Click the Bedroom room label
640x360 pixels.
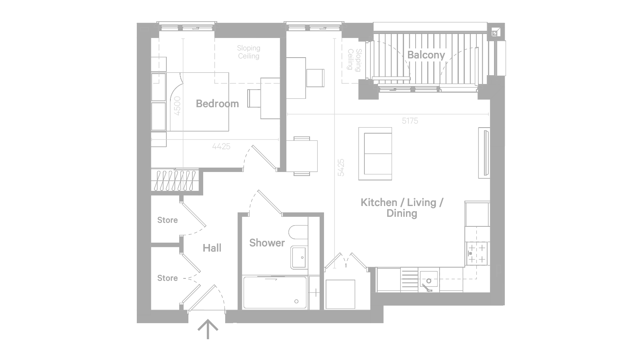click(x=218, y=104)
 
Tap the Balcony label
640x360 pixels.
click(x=426, y=55)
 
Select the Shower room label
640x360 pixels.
click(x=267, y=243)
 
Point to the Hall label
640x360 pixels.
click(x=212, y=248)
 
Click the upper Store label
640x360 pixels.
click(x=168, y=220)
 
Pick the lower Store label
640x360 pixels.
click(x=168, y=278)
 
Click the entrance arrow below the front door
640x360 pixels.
click(x=208, y=329)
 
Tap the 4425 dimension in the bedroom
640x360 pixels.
click(x=221, y=146)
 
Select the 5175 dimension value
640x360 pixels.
click(x=410, y=121)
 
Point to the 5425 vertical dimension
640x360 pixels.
click(x=341, y=168)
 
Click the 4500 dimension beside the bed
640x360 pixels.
click(x=178, y=106)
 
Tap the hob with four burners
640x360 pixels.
click(x=477, y=254)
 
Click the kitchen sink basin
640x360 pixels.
click(x=428, y=279)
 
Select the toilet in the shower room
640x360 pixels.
click(x=298, y=232)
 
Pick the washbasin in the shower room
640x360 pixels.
click(x=299, y=258)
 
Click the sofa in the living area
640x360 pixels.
click(x=375, y=154)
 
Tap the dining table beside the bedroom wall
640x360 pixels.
click(x=302, y=156)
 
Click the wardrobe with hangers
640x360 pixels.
click(x=175, y=180)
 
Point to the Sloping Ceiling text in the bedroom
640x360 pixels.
click(x=248, y=52)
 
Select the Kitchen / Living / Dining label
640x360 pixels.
click(x=402, y=208)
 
